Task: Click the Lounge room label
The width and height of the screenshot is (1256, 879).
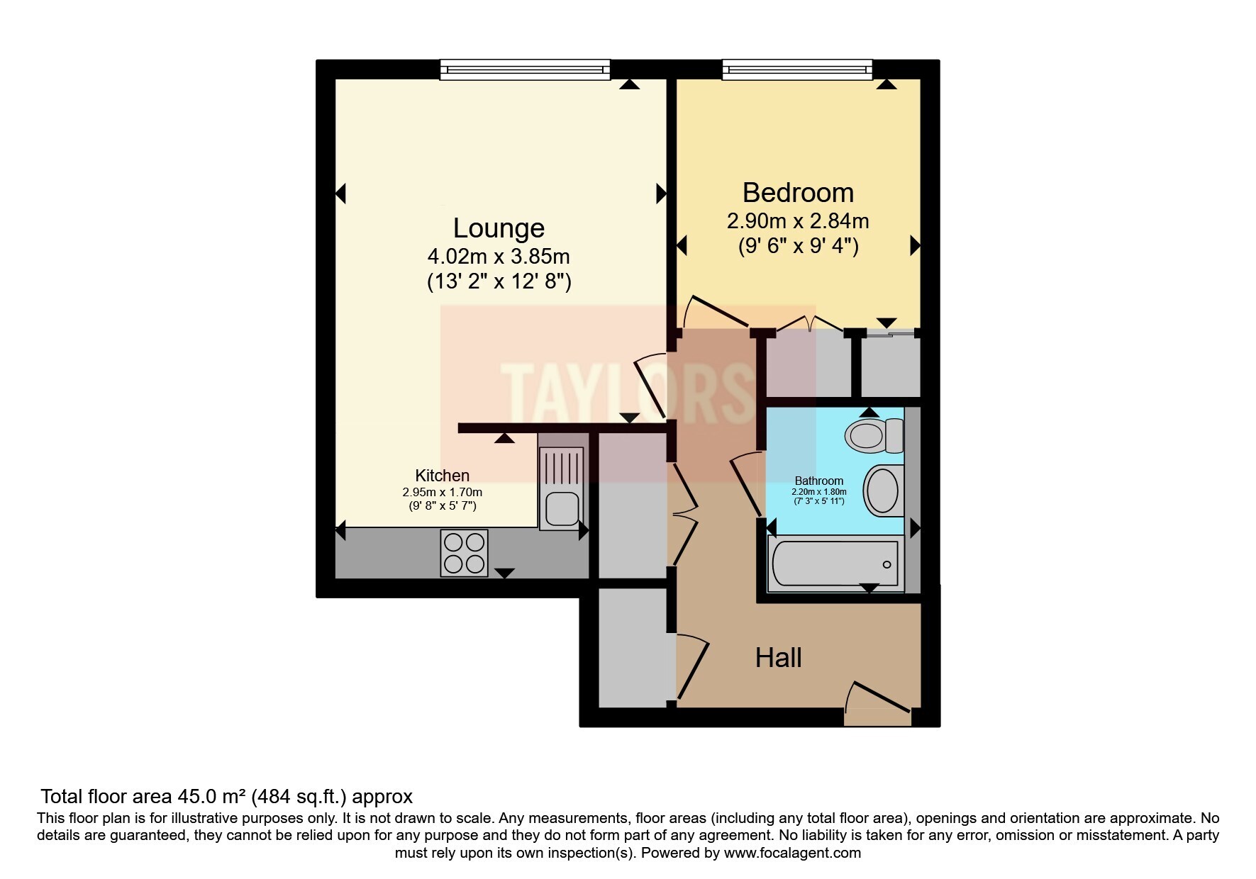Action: click(499, 228)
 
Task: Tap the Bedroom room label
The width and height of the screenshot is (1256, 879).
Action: click(798, 193)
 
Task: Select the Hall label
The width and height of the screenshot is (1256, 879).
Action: click(778, 658)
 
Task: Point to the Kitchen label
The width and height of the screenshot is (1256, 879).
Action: click(442, 476)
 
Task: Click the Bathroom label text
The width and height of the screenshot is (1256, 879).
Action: click(819, 481)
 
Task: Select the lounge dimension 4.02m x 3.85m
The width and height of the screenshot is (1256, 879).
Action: click(499, 256)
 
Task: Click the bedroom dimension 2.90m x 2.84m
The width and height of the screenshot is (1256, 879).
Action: click(798, 221)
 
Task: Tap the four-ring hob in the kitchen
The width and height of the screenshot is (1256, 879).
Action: click(464, 553)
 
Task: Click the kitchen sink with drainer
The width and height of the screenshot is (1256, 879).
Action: click(561, 488)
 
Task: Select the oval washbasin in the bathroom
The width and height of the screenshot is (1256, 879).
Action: click(882, 489)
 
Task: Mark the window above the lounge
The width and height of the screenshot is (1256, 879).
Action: click(525, 69)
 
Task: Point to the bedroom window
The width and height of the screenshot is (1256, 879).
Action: click(797, 69)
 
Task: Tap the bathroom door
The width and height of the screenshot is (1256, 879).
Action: click(746, 486)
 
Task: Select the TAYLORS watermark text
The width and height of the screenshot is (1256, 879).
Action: click(628, 393)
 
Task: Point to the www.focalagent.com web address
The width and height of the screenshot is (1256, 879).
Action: click(792, 853)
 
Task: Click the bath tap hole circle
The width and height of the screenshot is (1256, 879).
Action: click(887, 564)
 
